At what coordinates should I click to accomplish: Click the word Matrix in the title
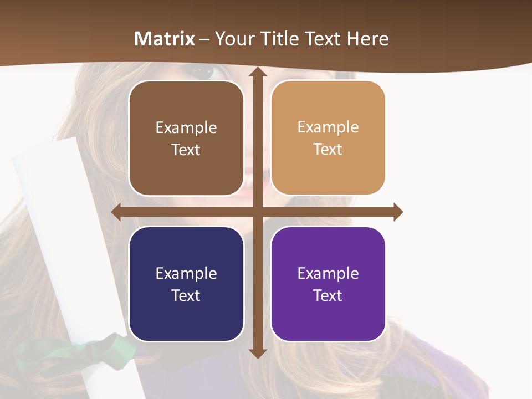(165, 39)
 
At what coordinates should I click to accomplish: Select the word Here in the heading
(368, 39)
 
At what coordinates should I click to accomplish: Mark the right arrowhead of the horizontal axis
(397, 212)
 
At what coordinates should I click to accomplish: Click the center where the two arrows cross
(257, 212)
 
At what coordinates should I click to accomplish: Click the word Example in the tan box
(328, 127)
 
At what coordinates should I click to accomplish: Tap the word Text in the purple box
(328, 295)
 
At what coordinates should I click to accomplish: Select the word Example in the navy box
(186, 273)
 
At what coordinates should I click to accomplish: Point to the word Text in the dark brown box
(186, 150)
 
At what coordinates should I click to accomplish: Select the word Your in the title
(233, 39)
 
